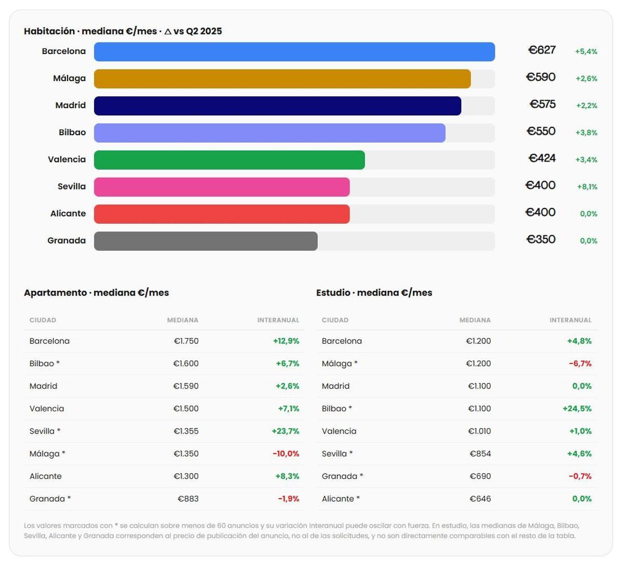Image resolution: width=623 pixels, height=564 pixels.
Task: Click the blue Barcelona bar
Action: tap(294, 51)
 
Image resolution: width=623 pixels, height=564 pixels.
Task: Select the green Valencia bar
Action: tap(229, 160)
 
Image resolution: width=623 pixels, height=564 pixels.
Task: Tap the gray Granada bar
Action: tap(206, 241)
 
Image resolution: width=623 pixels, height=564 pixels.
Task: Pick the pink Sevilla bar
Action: tap(222, 187)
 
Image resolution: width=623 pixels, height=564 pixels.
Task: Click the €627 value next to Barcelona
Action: tap(542, 50)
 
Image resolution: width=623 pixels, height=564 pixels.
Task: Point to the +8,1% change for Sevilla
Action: tap(587, 187)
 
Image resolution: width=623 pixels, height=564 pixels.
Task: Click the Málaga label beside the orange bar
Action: tap(69, 78)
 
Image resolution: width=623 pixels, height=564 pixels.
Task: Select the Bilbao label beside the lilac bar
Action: tap(72, 132)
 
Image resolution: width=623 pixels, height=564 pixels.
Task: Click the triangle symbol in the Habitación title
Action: tap(168, 31)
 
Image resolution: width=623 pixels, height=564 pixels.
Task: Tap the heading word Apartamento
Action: tap(55, 293)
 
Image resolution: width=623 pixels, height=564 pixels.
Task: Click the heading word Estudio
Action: tap(333, 293)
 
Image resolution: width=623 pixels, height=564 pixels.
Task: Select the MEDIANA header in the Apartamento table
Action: tap(183, 320)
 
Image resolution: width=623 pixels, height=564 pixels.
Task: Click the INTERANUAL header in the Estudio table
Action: tap(571, 320)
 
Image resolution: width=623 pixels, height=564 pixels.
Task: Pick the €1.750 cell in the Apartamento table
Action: tap(186, 341)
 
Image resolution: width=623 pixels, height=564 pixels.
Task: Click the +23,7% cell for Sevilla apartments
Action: tap(286, 432)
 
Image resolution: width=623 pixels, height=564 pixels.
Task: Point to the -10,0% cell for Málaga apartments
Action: tap(286, 454)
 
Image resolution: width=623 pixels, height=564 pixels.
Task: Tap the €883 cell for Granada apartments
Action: tap(188, 499)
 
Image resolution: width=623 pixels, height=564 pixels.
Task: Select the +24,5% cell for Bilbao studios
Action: tap(577, 409)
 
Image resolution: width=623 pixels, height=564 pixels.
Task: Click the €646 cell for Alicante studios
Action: tap(480, 499)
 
